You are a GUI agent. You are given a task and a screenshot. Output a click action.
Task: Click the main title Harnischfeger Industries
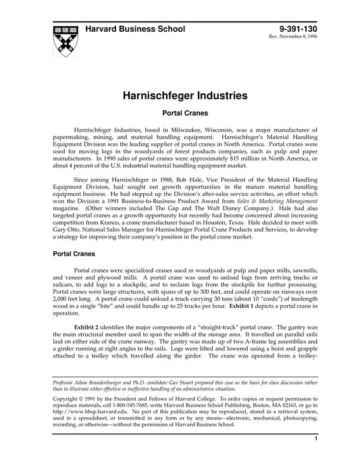(x=180, y=97)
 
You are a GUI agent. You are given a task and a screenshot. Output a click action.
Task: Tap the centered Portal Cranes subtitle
(x=179, y=115)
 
